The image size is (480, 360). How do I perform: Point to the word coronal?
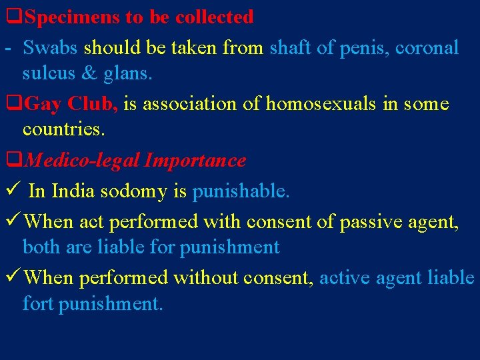coord(427,48)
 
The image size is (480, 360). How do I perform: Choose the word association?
coord(201,104)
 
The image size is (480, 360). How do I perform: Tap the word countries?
coord(64,130)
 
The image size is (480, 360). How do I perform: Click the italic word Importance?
coord(195,161)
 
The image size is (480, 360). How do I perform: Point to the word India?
coord(73,191)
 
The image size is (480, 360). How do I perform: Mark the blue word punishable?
coord(241,191)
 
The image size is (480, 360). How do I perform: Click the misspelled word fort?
coord(38,304)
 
